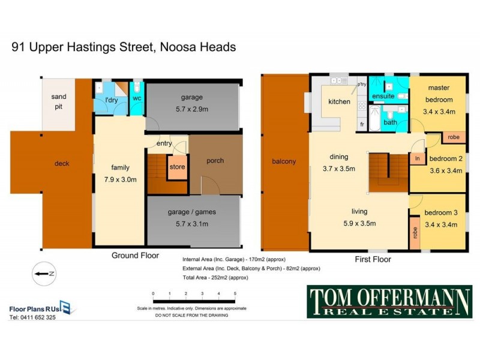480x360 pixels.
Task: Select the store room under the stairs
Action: tap(177, 167)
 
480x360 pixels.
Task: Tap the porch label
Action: tap(215, 160)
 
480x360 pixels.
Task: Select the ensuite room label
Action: tap(383, 96)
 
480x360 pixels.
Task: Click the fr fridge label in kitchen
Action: tap(362, 124)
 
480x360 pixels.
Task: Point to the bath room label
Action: tap(390, 122)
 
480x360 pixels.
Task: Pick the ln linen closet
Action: tap(416, 158)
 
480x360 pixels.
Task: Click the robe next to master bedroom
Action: tap(453, 137)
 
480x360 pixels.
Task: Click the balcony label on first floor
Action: tap(284, 161)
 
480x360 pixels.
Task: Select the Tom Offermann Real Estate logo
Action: tap(389, 301)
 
